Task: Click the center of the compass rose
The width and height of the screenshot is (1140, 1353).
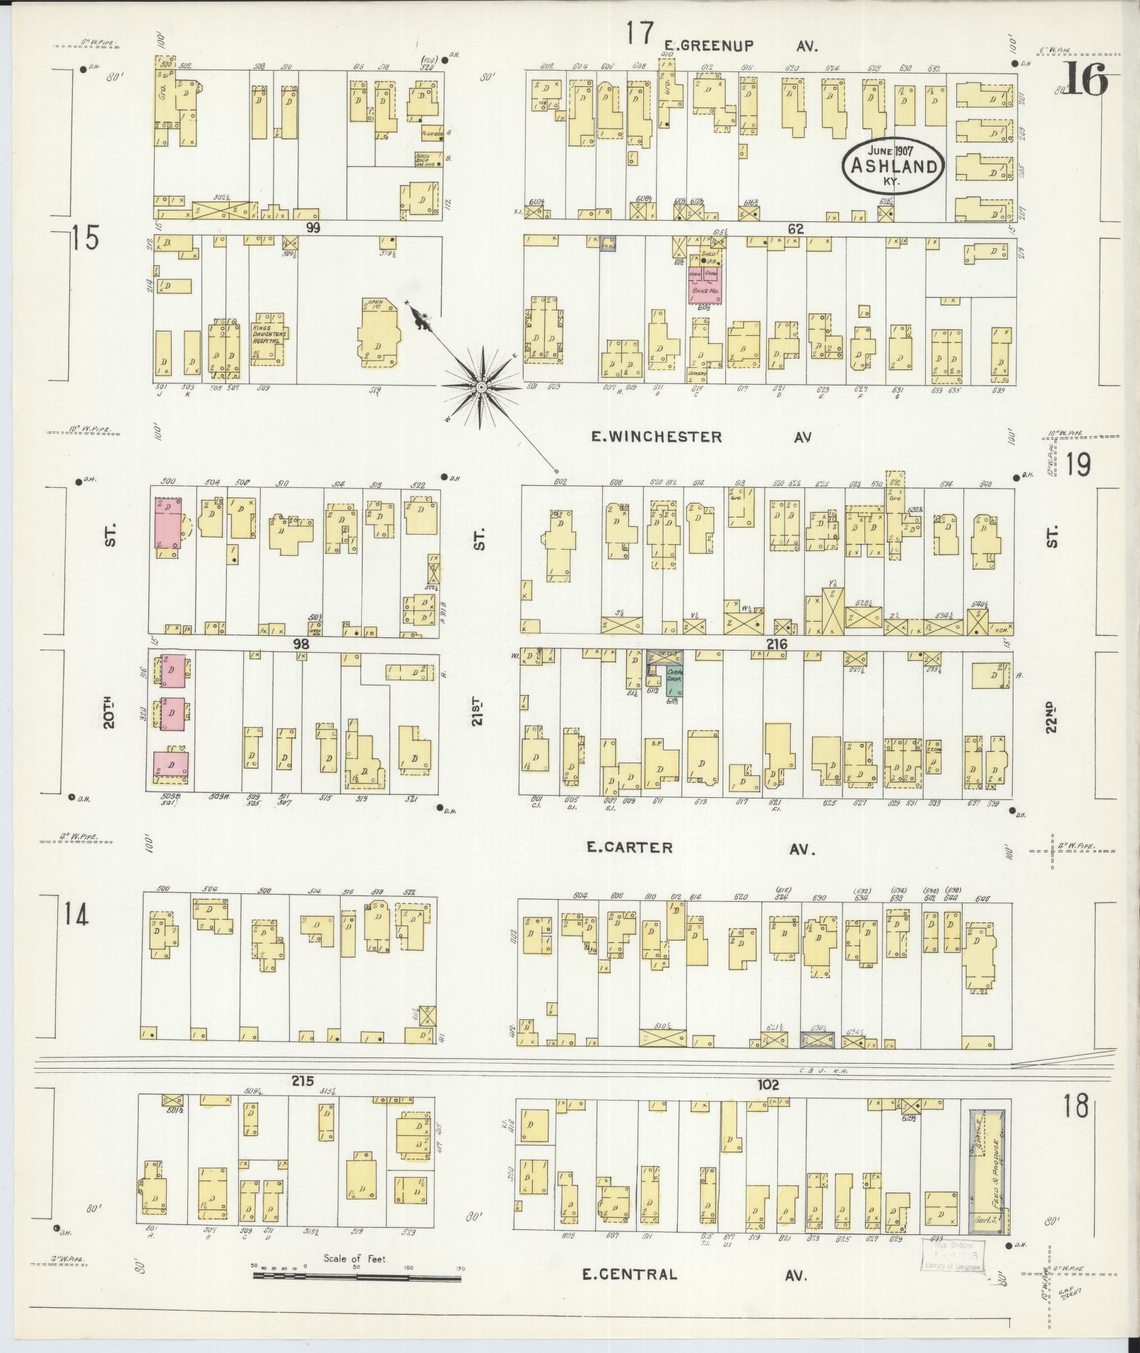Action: tap(481, 387)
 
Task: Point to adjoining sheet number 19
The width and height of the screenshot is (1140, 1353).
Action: tap(1079, 465)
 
